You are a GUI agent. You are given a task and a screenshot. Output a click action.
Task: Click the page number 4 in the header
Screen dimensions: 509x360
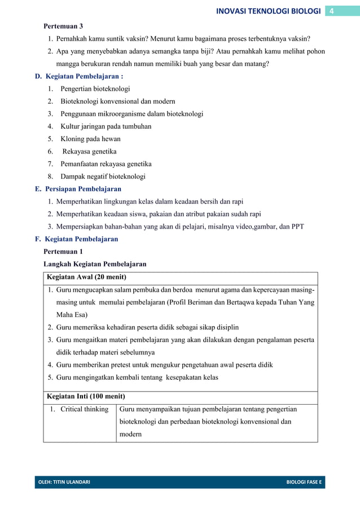pos(332,11)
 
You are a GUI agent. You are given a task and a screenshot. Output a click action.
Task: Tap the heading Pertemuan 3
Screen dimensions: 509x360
pos(63,27)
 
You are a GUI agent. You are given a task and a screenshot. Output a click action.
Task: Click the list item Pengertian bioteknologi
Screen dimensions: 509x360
pos(95,89)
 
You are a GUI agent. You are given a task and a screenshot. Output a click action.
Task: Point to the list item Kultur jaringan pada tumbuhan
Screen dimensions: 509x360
pos(106,126)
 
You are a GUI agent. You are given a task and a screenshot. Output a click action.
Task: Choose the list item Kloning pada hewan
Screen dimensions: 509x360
pos(90,139)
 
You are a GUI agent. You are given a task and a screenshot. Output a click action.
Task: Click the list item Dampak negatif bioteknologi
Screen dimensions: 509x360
pos(103,177)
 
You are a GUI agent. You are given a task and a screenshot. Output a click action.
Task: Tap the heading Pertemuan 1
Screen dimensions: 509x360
pos(63,252)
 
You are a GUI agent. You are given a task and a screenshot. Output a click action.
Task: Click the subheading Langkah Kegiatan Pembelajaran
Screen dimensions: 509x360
pos(95,264)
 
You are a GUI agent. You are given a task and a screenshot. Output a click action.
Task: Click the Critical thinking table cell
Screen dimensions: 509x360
pos(84,409)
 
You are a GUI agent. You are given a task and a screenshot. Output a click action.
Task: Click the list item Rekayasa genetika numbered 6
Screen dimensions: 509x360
pos(89,151)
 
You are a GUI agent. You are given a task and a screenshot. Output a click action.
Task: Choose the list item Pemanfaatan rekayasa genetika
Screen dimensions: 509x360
pos(106,164)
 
